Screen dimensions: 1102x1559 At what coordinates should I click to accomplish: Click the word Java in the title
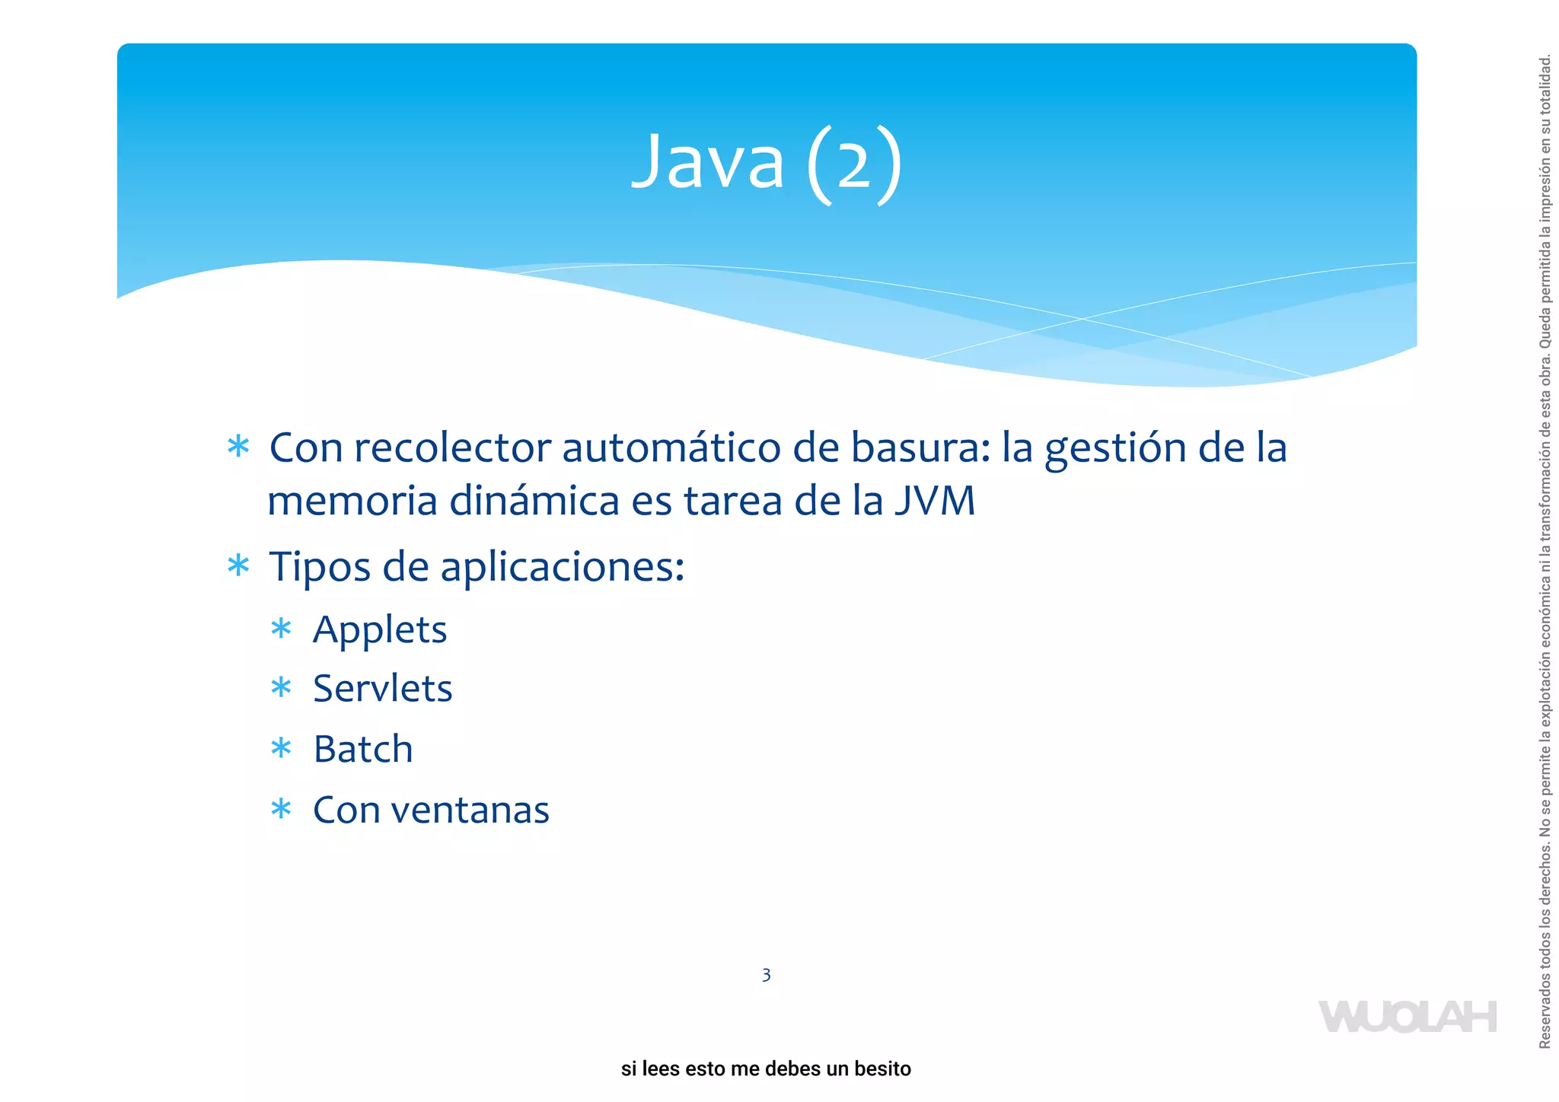point(708,162)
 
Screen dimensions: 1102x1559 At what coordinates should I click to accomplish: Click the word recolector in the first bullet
point(452,447)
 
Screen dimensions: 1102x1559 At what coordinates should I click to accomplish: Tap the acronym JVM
point(935,502)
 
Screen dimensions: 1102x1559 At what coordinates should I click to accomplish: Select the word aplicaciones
point(563,568)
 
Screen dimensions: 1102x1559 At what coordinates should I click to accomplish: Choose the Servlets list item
point(383,689)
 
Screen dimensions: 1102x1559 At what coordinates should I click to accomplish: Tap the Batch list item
point(363,750)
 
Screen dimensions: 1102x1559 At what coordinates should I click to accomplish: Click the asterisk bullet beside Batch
point(281,749)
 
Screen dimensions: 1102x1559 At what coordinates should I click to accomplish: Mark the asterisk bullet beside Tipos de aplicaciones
point(238,565)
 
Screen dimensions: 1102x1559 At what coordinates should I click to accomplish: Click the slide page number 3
point(766,975)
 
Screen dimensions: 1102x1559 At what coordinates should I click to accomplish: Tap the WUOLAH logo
point(1408,1017)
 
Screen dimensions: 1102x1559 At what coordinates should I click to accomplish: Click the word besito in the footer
point(882,1069)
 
